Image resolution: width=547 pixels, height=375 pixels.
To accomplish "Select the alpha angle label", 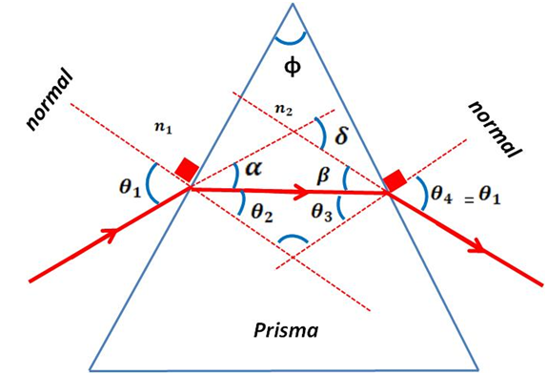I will tap(251, 170).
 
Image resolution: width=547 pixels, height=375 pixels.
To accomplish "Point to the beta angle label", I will tap(323, 176).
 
